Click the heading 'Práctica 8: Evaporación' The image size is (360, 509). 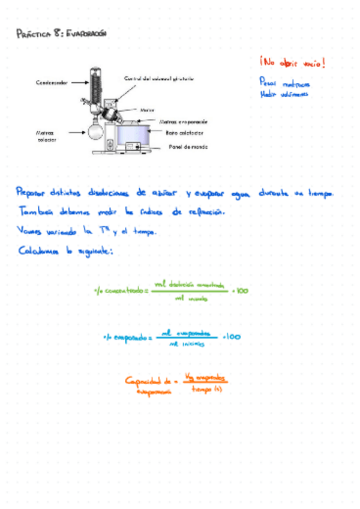click(61, 35)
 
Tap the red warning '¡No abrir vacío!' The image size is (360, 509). click(292, 62)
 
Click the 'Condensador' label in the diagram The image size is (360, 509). click(51, 83)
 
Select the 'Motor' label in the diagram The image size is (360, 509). click(148, 110)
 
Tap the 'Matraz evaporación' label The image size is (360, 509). click(184, 121)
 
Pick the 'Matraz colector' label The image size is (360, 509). click(45, 136)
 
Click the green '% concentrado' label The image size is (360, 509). click(120, 291)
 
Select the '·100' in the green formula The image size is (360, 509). click(240, 291)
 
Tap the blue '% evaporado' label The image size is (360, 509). click(126, 337)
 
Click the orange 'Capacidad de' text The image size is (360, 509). click(148, 381)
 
